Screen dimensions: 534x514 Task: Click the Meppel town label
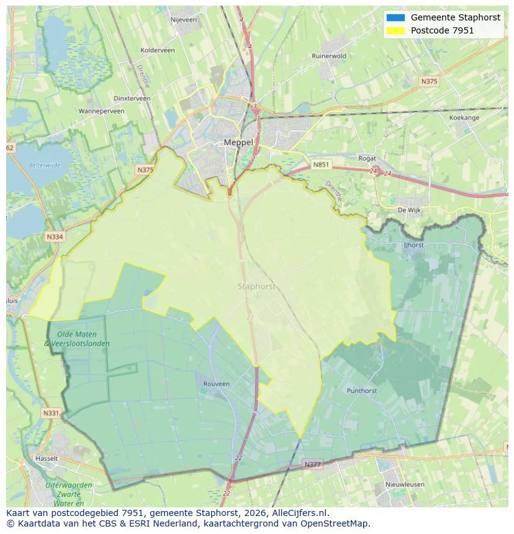[x=238, y=143]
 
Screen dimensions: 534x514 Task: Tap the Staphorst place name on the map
[x=256, y=287]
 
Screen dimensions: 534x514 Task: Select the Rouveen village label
[x=216, y=384]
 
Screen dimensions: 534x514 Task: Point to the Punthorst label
[x=361, y=391]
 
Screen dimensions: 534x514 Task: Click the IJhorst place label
[x=413, y=245]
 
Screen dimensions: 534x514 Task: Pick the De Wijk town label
[x=409, y=210]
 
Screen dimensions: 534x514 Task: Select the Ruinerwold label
[x=328, y=56]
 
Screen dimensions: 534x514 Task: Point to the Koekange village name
[x=464, y=117]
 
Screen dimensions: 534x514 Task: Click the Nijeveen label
[x=183, y=20]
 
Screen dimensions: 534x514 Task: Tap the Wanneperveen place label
[x=101, y=111]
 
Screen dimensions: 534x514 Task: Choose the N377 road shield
[x=313, y=464]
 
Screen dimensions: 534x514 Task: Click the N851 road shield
[x=321, y=164]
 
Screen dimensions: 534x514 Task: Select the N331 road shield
[x=51, y=412]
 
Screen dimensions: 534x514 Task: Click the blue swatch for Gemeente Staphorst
[x=394, y=17]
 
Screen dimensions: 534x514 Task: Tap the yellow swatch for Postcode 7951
[x=394, y=30]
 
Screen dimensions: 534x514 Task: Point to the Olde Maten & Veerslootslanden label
[x=77, y=339]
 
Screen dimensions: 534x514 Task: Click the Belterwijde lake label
[x=44, y=166]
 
